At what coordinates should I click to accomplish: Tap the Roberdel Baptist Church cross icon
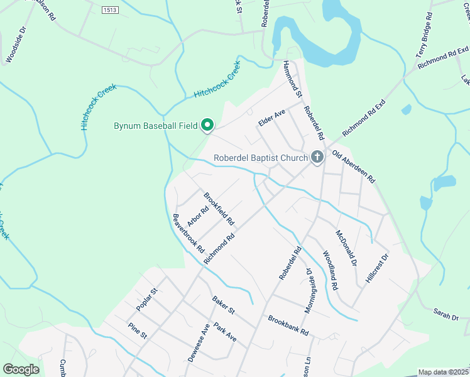click(317, 158)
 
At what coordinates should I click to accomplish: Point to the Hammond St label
click(293, 79)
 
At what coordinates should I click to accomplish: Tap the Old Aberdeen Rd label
click(353, 167)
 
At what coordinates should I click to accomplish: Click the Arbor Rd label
click(197, 218)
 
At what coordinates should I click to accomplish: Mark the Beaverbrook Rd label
click(189, 232)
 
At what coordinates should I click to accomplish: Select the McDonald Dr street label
click(346, 247)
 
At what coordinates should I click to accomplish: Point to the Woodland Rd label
click(331, 270)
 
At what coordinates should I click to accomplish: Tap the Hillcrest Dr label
click(377, 269)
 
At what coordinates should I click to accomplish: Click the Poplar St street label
click(146, 300)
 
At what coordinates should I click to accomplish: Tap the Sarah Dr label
click(445, 314)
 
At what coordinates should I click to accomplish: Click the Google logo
click(21, 369)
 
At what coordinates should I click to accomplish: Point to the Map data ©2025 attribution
click(443, 372)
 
